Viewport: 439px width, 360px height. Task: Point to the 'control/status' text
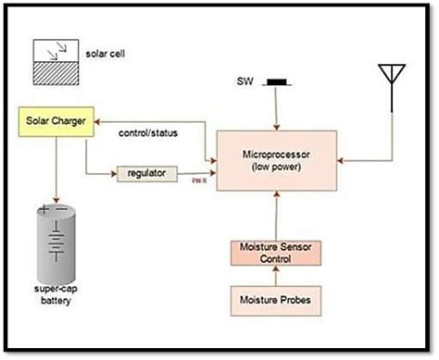point(147,132)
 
